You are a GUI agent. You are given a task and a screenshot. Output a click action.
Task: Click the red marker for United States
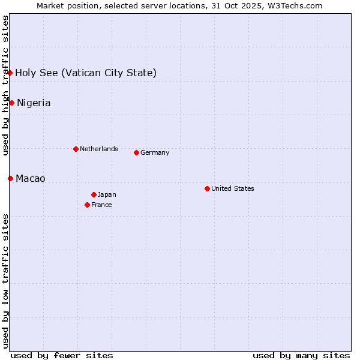[x=207, y=188]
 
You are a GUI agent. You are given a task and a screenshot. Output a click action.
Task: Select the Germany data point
[x=136, y=152]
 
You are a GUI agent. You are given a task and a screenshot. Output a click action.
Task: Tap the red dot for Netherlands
[x=76, y=149]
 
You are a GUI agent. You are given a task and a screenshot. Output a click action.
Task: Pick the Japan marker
[x=94, y=194]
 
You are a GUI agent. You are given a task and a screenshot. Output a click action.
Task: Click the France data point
[x=87, y=205]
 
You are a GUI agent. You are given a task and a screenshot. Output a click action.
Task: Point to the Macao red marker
[x=10, y=178]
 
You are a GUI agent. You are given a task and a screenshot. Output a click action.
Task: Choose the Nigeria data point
[x=11, y=103]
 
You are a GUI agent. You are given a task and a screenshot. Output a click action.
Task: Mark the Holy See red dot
[x=10, y=73]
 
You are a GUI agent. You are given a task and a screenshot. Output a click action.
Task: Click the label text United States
[x=233, y=188]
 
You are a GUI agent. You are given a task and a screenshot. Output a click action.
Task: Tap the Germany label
[x=155, y=152]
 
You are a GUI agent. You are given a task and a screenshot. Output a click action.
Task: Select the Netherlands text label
[x=99, y=149]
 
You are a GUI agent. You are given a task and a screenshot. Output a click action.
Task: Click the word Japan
[x=107, y=194]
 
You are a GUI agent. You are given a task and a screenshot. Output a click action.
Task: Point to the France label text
[x=101, y=205]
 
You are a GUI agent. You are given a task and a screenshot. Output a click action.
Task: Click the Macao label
[x=31, y=178]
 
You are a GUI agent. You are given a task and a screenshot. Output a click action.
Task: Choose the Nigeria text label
[x=34, y=103]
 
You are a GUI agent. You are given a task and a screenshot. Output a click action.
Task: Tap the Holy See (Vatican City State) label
[x=86, y=73]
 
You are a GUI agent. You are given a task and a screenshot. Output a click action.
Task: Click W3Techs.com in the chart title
[x=295, y=5]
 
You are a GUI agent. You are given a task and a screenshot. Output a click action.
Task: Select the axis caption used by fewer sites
[x=62, y=355]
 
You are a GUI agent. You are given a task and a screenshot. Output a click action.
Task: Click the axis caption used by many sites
[x=301, y=355]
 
